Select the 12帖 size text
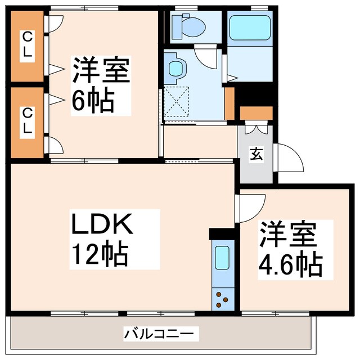pos(100,254)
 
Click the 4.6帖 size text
pos(290,264)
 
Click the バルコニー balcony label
pos(161,334)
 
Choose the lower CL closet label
pos(26,121)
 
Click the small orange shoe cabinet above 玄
pos(256,112)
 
